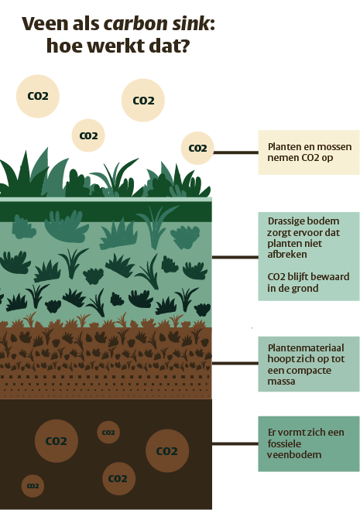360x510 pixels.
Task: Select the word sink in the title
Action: [x=191, y=24]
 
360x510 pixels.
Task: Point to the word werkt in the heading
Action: [x=118, y=46]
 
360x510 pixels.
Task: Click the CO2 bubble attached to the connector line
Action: [x=197, y=149]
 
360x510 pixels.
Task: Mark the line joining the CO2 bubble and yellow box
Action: [x=235, y=152]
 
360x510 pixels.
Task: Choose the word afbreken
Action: [x=287, y=254]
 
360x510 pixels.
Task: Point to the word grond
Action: [x=305, y=289]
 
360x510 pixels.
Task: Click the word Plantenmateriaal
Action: [x=306, y=348]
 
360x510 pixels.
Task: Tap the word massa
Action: [x=281, y=382]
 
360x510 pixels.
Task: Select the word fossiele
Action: [x=284, y=443]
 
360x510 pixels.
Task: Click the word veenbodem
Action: [x=294, y=455]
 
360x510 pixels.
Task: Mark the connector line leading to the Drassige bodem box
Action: [x=235, y=257]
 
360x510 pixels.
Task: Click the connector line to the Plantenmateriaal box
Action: [x=235, y=363]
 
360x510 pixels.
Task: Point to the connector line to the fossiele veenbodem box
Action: [x=235, y=443]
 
